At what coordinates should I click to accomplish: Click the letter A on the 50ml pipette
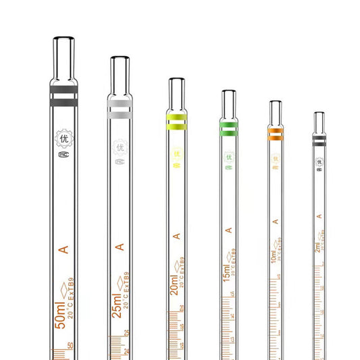point(64,251)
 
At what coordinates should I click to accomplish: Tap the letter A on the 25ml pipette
point(120,247)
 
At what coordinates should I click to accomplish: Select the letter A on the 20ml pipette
point(176,236)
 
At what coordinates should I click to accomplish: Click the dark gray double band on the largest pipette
point(64,97)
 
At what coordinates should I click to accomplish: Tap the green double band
point(229,128)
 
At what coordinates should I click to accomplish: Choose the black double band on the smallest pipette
point(319,139)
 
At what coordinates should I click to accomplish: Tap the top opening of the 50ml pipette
point(64,39)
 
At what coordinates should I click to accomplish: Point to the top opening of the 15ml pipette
point(229,93)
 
